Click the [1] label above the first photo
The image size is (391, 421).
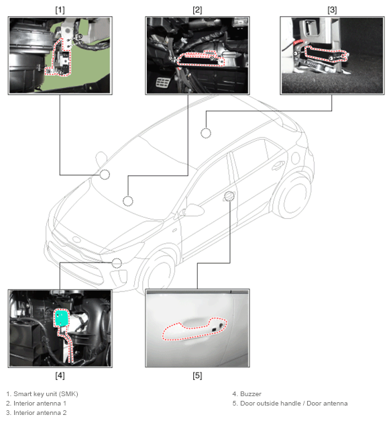(60, 10)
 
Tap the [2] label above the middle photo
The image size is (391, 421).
(197, 10)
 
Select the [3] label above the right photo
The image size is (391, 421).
(332, 10)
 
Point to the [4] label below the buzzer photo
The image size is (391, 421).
(60, 375)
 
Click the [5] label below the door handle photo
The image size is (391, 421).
(197, 375)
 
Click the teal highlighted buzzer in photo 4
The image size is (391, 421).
(62, 318)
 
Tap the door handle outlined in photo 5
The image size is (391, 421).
(194, 329)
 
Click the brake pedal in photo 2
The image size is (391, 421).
(162, 83)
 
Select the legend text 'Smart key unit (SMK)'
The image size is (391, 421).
(46, 394)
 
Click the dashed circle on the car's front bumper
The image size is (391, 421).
(117, 263)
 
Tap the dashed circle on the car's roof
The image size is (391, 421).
(206, 133)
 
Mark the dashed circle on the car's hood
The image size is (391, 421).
(128, 201)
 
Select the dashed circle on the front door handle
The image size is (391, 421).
(229, 196)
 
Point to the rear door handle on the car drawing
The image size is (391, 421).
(278, 165)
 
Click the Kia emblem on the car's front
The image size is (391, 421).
(76, 240)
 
